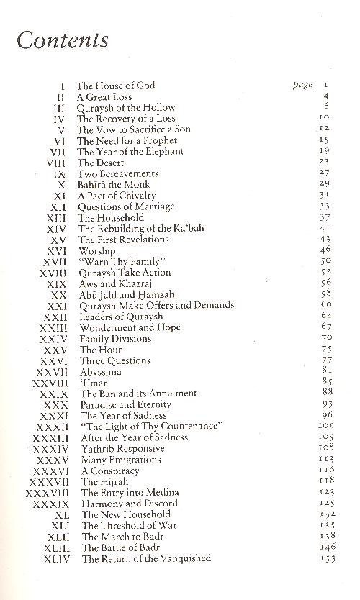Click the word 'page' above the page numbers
tap(303, 85)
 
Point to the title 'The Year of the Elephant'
tap(130, 151)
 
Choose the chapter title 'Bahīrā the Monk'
tap(114, 184)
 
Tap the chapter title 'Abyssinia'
tap(101, 371)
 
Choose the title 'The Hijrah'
tap(99, 481)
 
